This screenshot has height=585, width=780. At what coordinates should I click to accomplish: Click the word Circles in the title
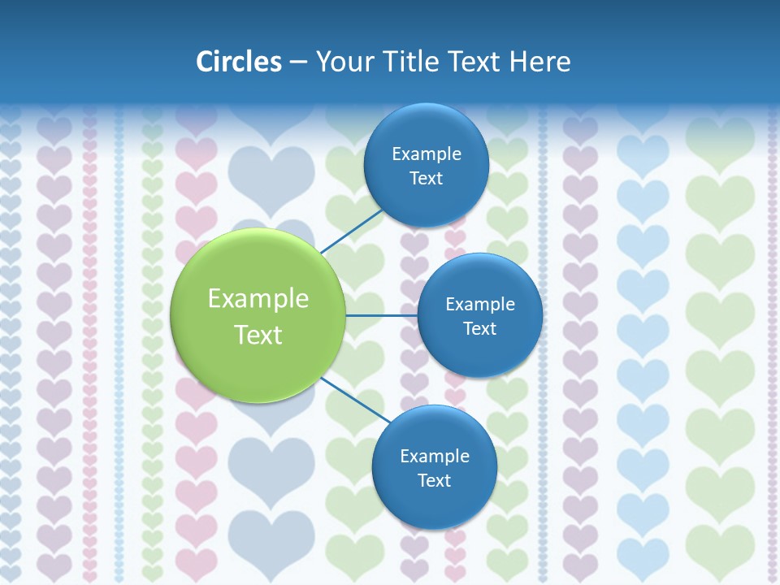(239, 62)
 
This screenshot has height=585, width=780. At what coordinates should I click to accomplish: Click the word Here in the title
(539, 62)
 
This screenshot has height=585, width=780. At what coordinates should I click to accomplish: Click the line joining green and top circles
(351, 230)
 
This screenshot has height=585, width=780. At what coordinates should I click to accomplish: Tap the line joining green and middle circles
(381, 315)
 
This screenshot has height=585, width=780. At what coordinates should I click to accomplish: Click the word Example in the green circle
(258, 299)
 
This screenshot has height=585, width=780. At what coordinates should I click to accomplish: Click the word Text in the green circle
(258, 335)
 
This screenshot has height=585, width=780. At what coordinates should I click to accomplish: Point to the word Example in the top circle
(427, 154)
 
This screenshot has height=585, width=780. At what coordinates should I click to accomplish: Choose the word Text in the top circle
(427, 179)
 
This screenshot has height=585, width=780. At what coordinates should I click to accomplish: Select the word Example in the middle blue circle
(480, 305)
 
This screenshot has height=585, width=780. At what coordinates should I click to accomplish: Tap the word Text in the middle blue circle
(480, 329)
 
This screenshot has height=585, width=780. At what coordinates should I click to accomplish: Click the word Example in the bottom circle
(435, 457)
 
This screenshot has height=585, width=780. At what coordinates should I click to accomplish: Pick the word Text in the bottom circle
(435, 481)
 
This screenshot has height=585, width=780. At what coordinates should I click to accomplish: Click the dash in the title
(298, 63)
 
